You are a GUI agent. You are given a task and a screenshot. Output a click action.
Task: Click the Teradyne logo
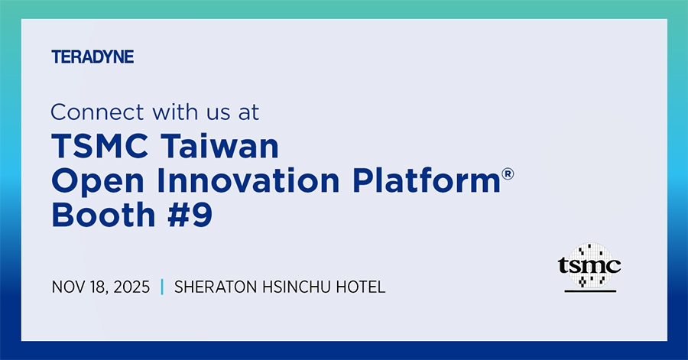pyautogui.click(x=92, y=57)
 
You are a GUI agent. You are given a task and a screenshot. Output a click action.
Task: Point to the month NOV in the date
pyautogui.click(x=67, y=287)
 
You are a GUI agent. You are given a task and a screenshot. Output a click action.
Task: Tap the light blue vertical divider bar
pyautogui.click(x=162, y=287)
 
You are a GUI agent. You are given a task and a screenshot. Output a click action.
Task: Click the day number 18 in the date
pyautogui.click(x=96, y=287)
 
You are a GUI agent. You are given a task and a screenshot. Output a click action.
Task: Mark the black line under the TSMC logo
pyautogui.click(x=589, y=292)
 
